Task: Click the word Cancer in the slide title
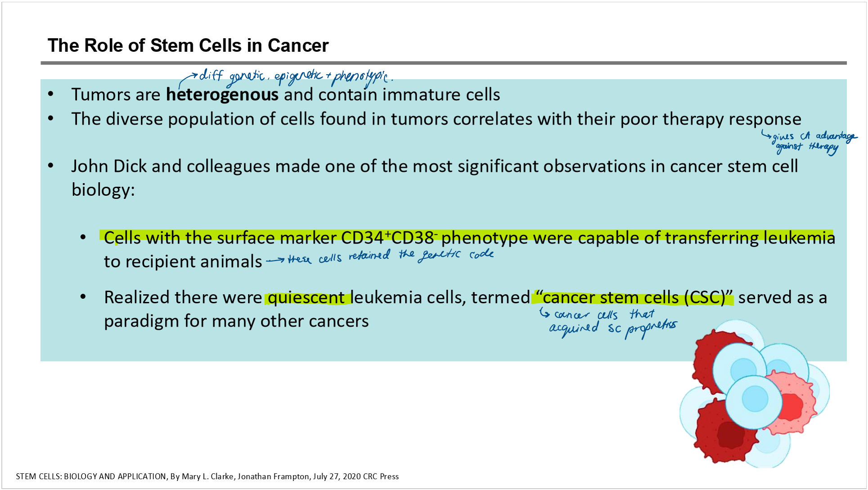298,45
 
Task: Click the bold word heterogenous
222,94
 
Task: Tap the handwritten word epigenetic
299,76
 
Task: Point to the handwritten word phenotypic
360,77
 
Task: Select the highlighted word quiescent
306,297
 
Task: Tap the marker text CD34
362,238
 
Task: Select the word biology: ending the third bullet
103,190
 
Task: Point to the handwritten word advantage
836,136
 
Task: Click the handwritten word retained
369,256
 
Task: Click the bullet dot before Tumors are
51,94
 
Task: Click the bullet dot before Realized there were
83,297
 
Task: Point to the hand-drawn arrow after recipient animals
275,260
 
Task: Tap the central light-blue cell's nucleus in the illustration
755,399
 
